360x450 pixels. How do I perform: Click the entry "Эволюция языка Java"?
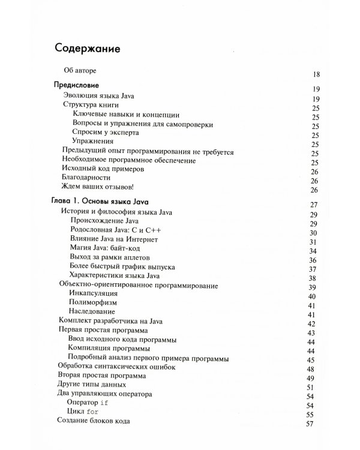(100, 95)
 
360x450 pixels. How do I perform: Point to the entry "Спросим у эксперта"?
(106, 132)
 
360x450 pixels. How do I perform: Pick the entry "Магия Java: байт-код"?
(106, 249)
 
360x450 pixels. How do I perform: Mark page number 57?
(310, 425)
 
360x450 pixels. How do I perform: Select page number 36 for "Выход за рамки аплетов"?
(311, 260)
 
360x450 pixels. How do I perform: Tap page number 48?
(311, 369)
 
